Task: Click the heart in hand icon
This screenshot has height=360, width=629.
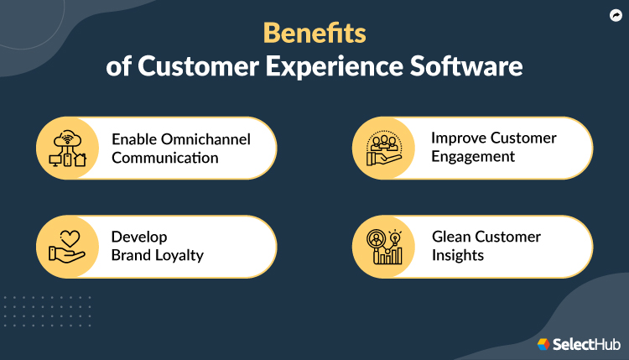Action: [x=68, y=246]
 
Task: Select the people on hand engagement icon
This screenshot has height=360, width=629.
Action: [x=384, y=148]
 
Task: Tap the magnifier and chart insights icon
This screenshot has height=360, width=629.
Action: [x=384, y=246]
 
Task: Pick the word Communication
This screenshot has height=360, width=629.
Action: [x=164, y=157]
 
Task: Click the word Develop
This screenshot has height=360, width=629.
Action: [x=139, y=237]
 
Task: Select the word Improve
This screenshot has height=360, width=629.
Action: [x=458, y=138]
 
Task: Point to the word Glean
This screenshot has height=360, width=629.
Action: [x=451, y=237]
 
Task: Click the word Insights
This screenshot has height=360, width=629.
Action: [x=458, y=255]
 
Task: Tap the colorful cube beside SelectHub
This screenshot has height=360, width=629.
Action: [x=543, y=344]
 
